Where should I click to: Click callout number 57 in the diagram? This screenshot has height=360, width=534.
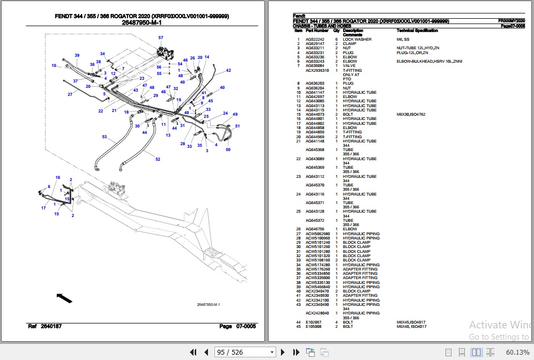pyautogui.click(x=160, y=37)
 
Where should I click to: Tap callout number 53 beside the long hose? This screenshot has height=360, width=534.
pyautogui.click(x=105, y=137)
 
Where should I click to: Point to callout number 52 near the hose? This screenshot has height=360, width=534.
pyautogui.click(x=158, y=159)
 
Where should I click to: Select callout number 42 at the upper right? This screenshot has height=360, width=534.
pyautogui.click(x=228, y=70)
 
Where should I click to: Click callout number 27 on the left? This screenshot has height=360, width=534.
pyautogui.click(x=70, y=94)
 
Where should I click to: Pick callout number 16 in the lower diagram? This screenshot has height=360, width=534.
pyautogui.click(x=57, y=177)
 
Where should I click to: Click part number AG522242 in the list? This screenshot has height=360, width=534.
pyautogui.click(x=315, y=40)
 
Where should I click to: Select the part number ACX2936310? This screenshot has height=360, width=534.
pyautogui.click(x=317, y=70)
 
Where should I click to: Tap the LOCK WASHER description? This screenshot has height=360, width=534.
pyautogui.click(x=357, y=40)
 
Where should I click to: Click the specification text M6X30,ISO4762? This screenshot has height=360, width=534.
pyautogui.click(x=411, y=114)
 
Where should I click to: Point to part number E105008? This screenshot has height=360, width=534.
pyautogui.click(x=313, y=326)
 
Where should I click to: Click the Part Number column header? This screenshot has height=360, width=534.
pyautogui.click(x=317, y=31)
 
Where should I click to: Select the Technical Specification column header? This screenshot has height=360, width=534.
pyautogui.click(x=417, y=31)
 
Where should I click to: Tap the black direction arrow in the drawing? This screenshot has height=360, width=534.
pyautogui.click(x=64, y=297)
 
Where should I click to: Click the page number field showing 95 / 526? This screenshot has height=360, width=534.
pyautogui.click(x=244, y=352)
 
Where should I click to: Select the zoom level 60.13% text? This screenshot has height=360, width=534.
pyautogui.click(x=517, y=352)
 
